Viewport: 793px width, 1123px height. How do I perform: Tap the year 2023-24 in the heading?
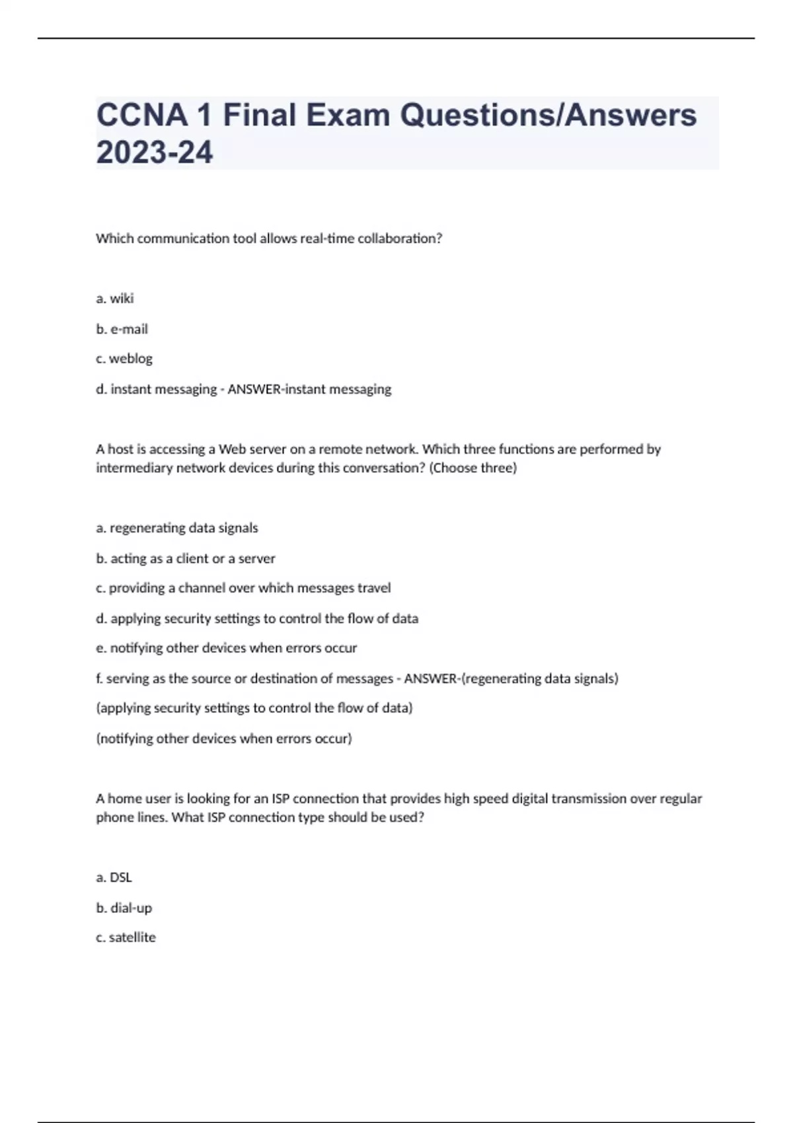click(x=155, y=153)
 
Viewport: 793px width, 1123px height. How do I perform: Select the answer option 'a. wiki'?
click(x=115, y=299)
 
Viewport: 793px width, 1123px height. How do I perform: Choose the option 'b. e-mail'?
click(x=122, y=329)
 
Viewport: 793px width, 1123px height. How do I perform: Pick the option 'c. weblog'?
click(x=124, y=359)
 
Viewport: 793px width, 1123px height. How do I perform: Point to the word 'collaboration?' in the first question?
click(x=400, y=238)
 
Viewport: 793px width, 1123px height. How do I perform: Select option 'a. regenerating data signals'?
click(x=177, y=528)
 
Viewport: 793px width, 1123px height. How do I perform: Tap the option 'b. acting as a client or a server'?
click(x=186, y=558)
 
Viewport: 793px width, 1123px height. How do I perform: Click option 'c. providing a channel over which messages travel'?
click(x=243, y=588)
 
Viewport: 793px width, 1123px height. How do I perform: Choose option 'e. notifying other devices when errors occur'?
click(x=227, y=648)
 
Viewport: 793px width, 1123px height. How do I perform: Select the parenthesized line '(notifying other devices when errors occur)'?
click(x=224, y=739)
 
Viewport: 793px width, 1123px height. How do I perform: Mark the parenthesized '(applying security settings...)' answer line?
click(x=254, y=708)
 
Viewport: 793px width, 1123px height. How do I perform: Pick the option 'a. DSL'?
click(x=114, y=877)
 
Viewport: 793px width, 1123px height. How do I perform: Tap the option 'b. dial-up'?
click(x=124, y=908)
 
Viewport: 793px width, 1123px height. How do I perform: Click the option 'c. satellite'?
click(x=126, y=937)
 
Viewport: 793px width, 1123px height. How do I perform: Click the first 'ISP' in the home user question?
click(x=280, y=799)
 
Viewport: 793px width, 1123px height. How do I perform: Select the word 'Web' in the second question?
click(x=232, y=449)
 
